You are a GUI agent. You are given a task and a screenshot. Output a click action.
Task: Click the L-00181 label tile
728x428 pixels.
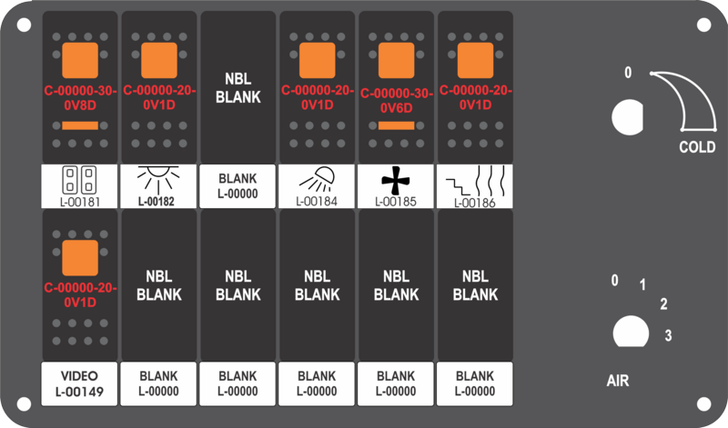point(80,186)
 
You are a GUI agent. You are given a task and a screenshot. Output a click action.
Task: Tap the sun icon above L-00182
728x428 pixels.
point(158,178)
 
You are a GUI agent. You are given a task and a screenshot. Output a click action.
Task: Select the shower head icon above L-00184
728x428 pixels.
point(317,179)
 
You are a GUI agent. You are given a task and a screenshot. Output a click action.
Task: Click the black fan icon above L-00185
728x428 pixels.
point(396,180)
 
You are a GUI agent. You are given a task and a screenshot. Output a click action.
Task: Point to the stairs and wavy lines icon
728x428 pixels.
point(475,181)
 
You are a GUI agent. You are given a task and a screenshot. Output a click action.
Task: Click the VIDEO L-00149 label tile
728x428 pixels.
point(79,383)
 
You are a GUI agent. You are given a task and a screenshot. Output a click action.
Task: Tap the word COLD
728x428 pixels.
point(697,147)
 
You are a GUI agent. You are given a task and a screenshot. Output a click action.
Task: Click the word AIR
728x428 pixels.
point(618,381)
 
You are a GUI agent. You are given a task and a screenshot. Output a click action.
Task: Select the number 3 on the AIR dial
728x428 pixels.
point(668,335)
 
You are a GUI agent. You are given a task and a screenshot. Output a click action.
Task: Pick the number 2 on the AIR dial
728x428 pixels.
point(664,304)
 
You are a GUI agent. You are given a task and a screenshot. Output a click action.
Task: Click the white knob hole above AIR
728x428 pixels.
point(631,332)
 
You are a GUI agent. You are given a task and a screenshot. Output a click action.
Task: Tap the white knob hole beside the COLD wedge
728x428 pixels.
point(628,117)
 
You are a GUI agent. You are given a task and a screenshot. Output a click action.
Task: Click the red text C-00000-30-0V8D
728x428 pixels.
point(80,98)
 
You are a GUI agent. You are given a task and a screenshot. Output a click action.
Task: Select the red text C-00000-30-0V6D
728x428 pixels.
point(397,100)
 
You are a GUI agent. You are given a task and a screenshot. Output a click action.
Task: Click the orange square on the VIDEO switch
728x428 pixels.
point(80,258)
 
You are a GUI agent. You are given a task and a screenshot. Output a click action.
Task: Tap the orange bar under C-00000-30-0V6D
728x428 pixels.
point(396,125)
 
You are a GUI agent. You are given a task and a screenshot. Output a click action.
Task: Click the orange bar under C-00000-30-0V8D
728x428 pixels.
point(80,125)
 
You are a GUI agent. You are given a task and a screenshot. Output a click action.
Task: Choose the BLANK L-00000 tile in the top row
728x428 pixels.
point(238,186)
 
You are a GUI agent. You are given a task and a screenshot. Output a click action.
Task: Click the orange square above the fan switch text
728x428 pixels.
point(397,61)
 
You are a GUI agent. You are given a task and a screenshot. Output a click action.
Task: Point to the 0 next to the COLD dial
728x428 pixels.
point(628,73)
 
